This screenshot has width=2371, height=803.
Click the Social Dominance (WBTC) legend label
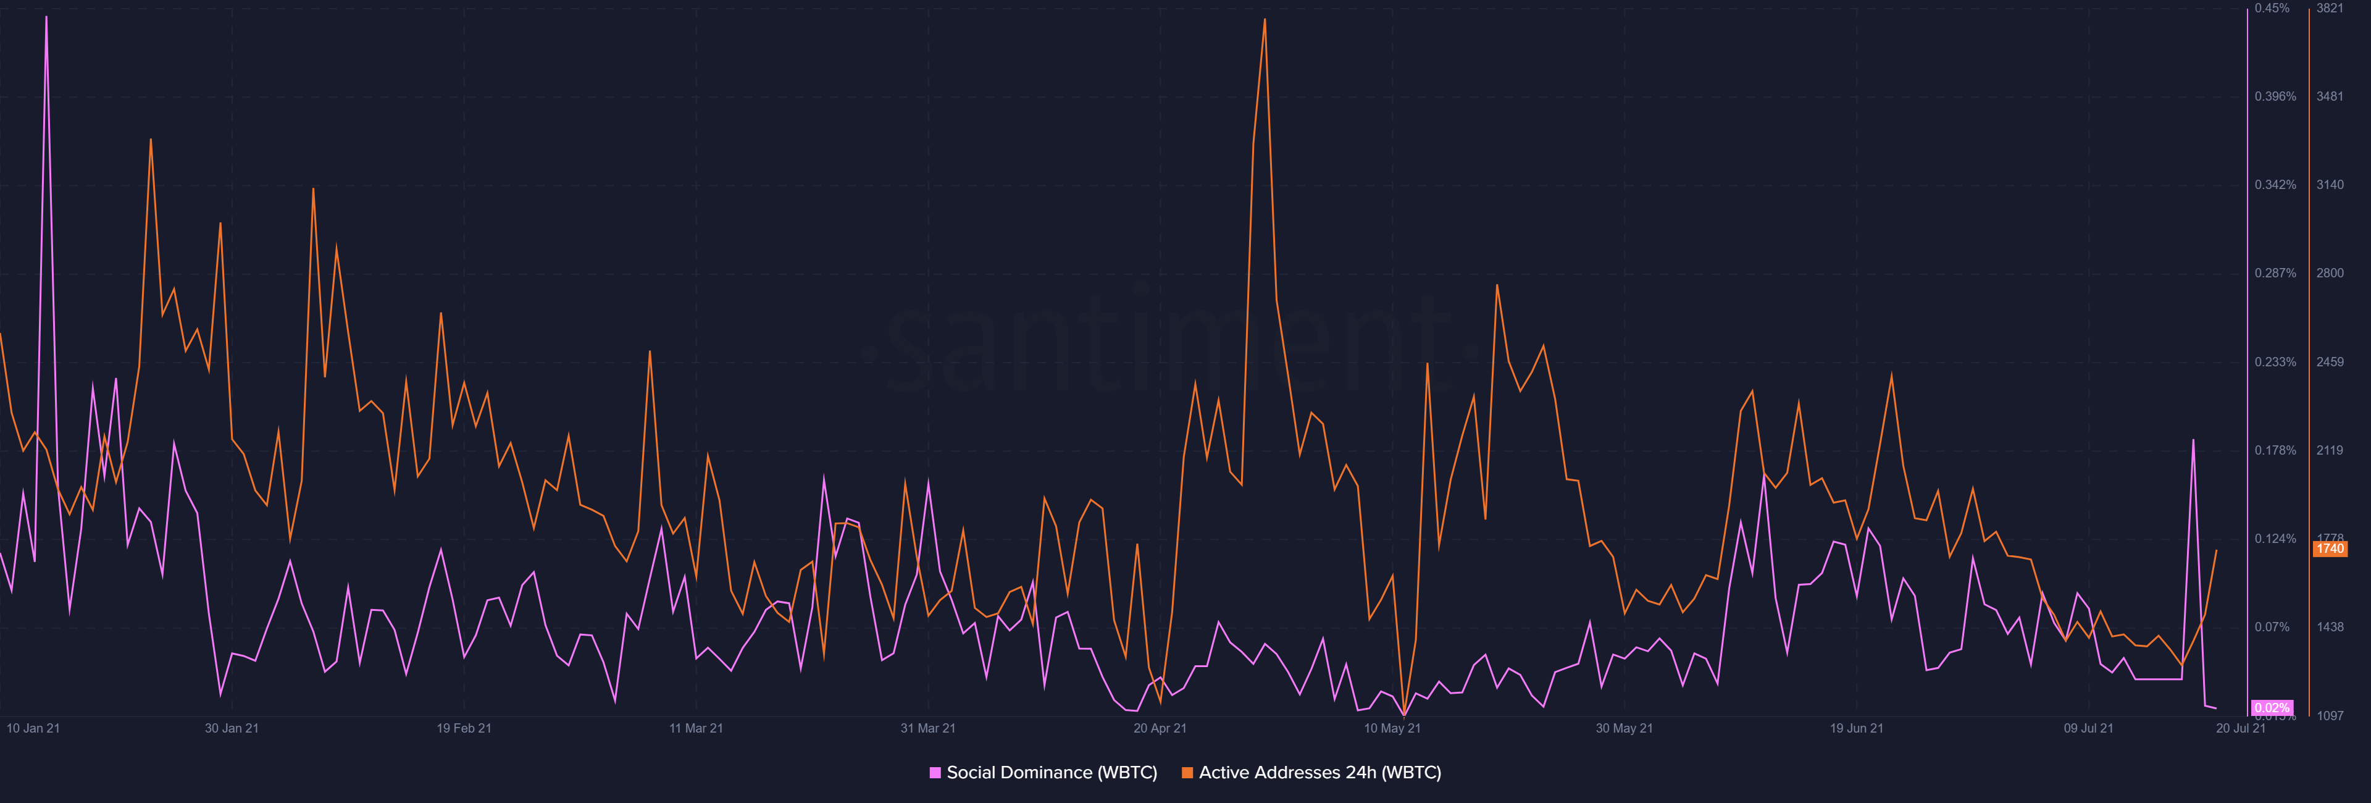[1051, 773]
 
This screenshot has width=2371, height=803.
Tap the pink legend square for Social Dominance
[935, 773]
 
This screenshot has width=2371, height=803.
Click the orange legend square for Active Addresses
[1187, 773]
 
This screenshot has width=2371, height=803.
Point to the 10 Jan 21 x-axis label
[33, 728]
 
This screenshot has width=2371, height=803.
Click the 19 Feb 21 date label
[464, 728]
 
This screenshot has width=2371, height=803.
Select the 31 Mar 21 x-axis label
[928, 728]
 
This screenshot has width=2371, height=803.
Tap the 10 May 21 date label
[1392, 728]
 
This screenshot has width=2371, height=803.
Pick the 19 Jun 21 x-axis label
[1857, 728]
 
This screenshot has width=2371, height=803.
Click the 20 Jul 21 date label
[2240, 728]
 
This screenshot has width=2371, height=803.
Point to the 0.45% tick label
[2272, 8]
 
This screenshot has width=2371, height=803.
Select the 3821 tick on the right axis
[2330, 8]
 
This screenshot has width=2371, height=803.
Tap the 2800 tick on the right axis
[2330, 274]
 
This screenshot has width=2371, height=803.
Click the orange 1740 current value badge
[2330, 549]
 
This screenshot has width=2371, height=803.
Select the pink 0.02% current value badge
[2272, 707]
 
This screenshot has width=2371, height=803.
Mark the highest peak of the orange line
[1265, 19]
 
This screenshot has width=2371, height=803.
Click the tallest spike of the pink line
[46, 17]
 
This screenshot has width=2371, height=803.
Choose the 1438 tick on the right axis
[2330, 627]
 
